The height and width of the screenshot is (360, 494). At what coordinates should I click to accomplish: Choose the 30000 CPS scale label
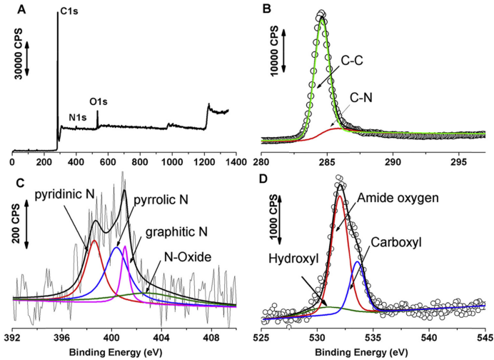pos(19,55)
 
